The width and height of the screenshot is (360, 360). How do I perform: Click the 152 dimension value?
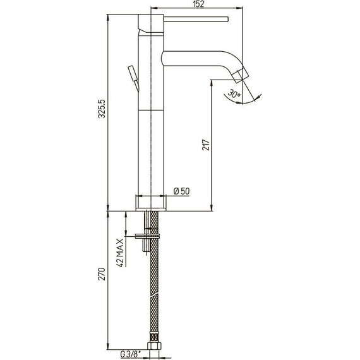pos(198,4)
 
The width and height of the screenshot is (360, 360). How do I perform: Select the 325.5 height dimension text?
pos(102,109)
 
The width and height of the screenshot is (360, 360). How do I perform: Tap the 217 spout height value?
pos(206,145)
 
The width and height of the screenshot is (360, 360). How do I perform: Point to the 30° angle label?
pos(234,93)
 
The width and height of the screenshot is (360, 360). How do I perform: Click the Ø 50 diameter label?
pos(182,191)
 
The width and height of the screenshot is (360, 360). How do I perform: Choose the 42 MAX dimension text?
pos(120,253)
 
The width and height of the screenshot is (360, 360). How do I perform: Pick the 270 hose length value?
pos(102,274)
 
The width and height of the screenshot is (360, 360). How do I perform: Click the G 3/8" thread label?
pos(130,354)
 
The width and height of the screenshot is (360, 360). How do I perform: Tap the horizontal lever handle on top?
pos(196,20)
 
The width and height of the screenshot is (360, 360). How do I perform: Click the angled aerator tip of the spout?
pos(241,74)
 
